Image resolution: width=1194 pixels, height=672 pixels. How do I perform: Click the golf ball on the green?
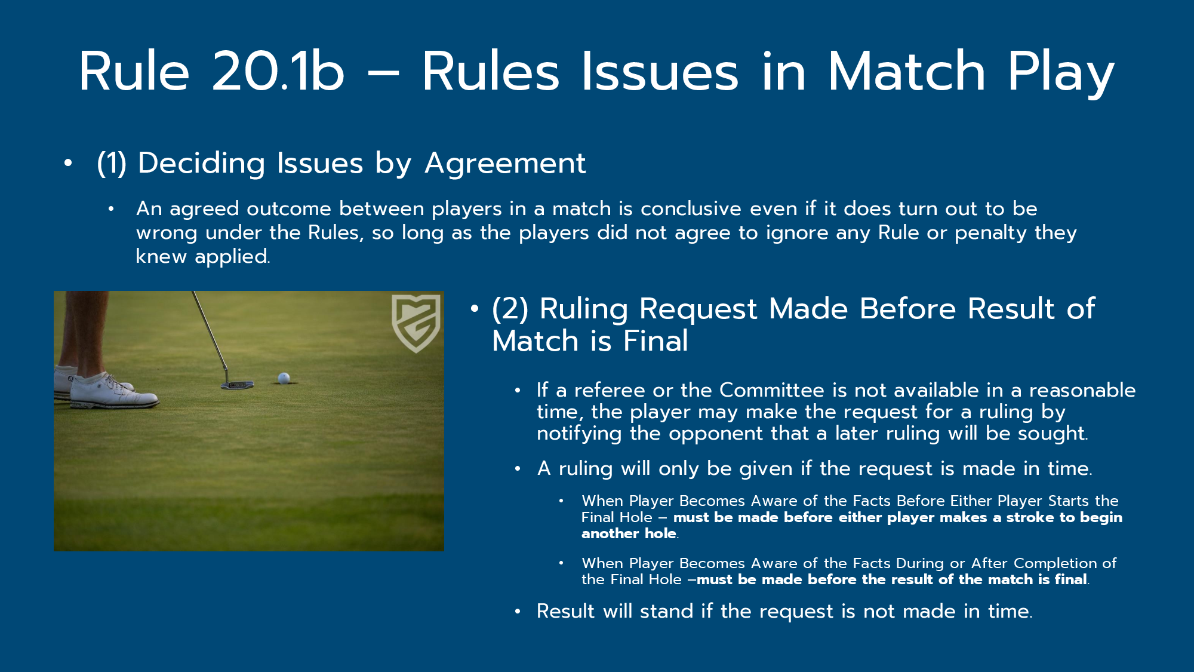[x=284, y=378]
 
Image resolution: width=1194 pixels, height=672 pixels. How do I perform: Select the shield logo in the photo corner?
[x=416, y=323]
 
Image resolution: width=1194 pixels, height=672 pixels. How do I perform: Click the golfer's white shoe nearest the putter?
[x=113, y=392]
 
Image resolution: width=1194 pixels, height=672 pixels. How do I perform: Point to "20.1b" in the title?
[x=278, y=71]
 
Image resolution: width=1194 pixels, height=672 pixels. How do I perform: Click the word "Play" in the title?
[x=1061, y=74]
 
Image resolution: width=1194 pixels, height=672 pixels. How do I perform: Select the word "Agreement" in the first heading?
[x=505, y=164]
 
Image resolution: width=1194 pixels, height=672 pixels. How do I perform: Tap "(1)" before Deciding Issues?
[x=112, y=163]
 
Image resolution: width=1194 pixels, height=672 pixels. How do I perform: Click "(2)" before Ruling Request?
[x=510, y=309]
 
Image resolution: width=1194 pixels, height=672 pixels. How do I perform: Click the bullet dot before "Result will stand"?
[x=518, y=612]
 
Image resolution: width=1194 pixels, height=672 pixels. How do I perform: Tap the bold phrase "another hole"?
[x=629, y=533]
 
